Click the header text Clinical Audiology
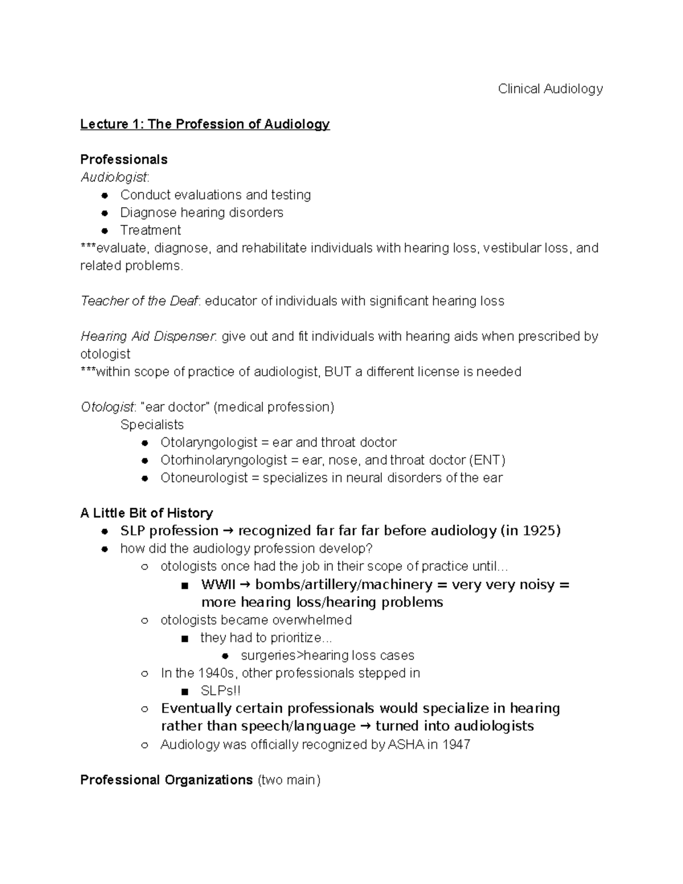(550, 89)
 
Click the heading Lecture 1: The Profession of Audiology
(205, 124)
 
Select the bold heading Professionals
(124, 159)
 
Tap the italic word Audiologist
(114, 177)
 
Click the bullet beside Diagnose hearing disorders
(104, 213)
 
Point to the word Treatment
(150, 231)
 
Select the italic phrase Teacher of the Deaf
(139, 301)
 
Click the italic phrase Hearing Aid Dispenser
(147, 336)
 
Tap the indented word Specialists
(152, 425)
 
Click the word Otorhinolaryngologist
(224, 460)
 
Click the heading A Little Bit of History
(146, 513)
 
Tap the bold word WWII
(217, 585)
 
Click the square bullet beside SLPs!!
(184, 692)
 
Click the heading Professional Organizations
(166, 780)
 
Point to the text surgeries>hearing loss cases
(327, 656)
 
